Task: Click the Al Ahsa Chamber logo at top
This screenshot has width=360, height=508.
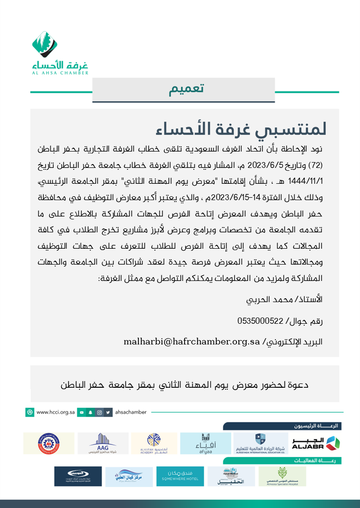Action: [57, 52]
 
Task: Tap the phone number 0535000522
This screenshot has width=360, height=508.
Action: [260, 320]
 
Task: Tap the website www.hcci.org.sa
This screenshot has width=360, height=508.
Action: [55, 412]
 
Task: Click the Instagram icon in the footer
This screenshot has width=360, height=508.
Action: [99, 412]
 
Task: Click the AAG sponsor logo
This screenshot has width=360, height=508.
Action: [103, 443]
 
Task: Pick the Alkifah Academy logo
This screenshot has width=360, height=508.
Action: [154, 443]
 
